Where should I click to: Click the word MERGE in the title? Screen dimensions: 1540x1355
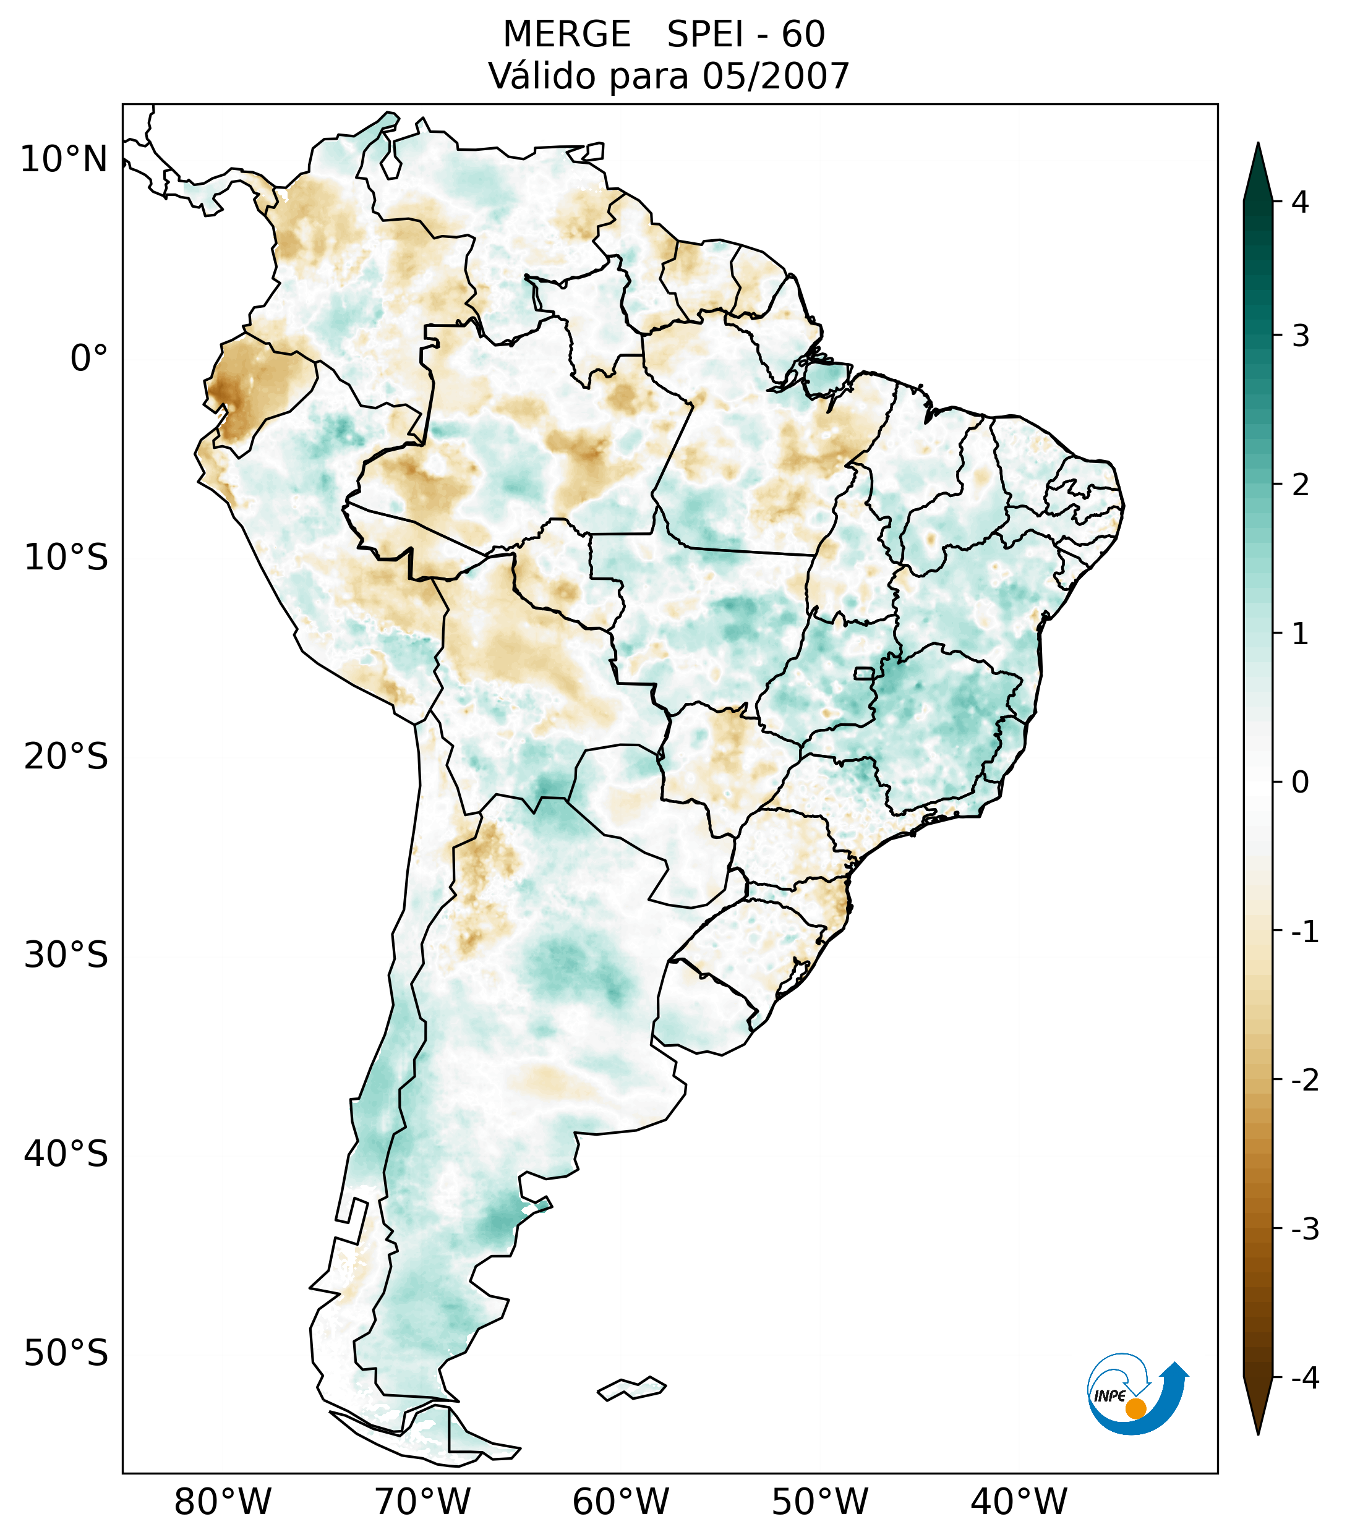pos(566,35)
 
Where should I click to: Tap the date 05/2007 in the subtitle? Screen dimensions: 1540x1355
pos(776,76)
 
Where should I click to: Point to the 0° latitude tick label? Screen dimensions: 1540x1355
pos(88,359)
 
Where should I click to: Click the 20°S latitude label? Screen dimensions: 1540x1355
pos(66,757)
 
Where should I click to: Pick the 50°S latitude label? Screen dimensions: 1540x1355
pos(66,1354)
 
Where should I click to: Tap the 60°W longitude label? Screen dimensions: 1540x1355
pos(620,1502)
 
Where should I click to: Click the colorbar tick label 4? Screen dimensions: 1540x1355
pos(1300,202)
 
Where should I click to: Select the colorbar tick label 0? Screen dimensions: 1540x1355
pos(1300,783)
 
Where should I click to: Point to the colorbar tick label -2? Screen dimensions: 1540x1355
pos(1304,1081)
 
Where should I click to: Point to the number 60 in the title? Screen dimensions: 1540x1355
pos(803,35)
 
